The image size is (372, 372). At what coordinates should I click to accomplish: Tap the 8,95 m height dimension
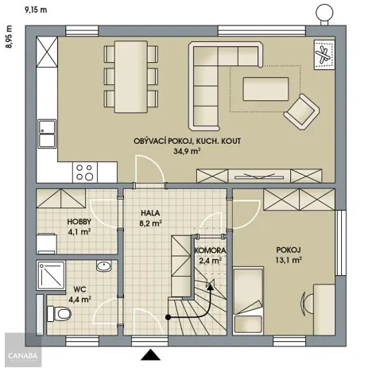[10, 37]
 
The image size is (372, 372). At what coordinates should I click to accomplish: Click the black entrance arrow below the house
[150, 354]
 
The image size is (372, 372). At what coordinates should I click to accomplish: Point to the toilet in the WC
[60, 312]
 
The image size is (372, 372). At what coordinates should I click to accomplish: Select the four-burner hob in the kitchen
[85, 170]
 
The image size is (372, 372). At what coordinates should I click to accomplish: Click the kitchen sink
[48, 134]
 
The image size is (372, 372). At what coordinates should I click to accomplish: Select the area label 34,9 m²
[188, 151]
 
